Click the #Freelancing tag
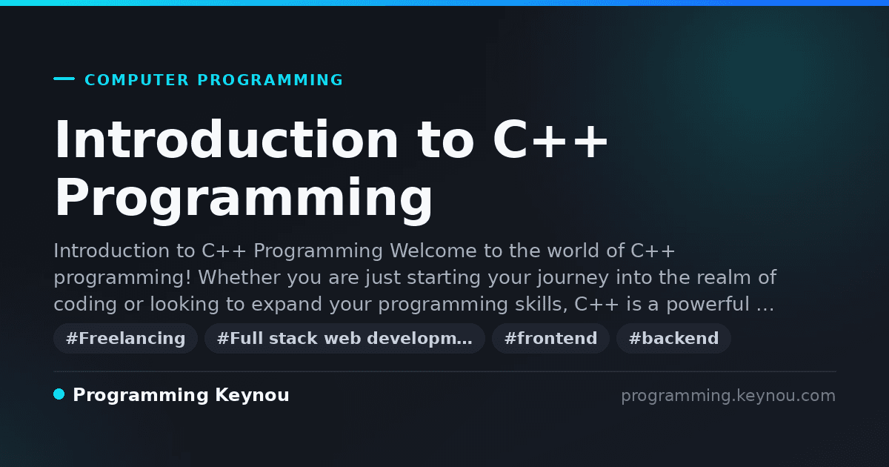click(125, 338)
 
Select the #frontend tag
click(550, 338)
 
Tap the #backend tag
click(673, 338)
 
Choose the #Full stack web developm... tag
click(344, 338)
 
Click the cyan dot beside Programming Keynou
click(59, 394)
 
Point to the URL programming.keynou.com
click(728, 396)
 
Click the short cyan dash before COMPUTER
click(64, 79)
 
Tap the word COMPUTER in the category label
click(137, 80)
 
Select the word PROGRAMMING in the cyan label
click(270, 80)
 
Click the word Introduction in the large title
click(226, 139)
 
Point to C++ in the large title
click(550, 140)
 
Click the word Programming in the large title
click(243, 199)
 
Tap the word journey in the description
click(573, 278)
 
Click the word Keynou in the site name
click(252, 395)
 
